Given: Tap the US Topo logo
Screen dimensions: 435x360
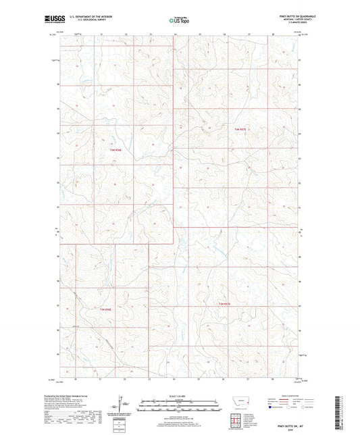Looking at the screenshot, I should pyautogui.click(x=179, y=20).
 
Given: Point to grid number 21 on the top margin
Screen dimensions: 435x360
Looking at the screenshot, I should pyautogui.click(x=101, y=33).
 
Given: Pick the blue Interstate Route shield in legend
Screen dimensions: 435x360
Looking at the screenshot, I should pyautogui.click(x=271, y=407).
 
